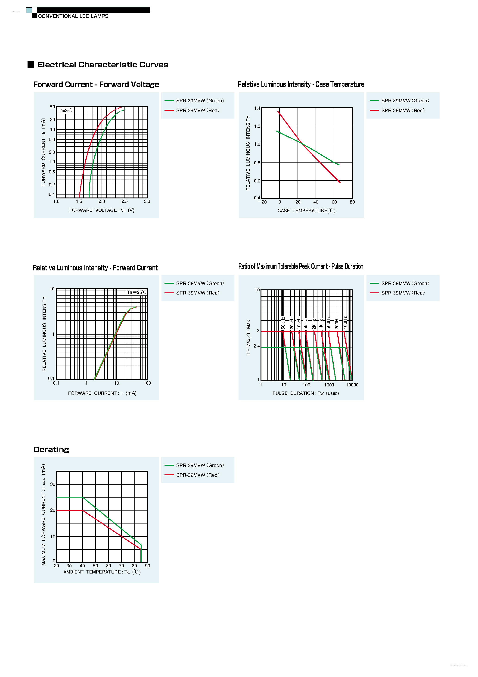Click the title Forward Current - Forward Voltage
[x=96, y=85]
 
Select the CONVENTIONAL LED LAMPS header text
[x=73, y=16]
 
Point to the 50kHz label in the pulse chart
[x=283, y=323]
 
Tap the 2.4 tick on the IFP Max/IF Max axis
[x=256, y=346]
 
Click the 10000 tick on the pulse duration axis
[x=352, y=385]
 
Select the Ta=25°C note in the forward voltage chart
[x=65, y=111]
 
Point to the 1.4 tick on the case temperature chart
[x=257, y=108]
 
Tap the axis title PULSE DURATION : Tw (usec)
[x=306, y=393]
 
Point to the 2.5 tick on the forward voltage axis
[x=124, y=201]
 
